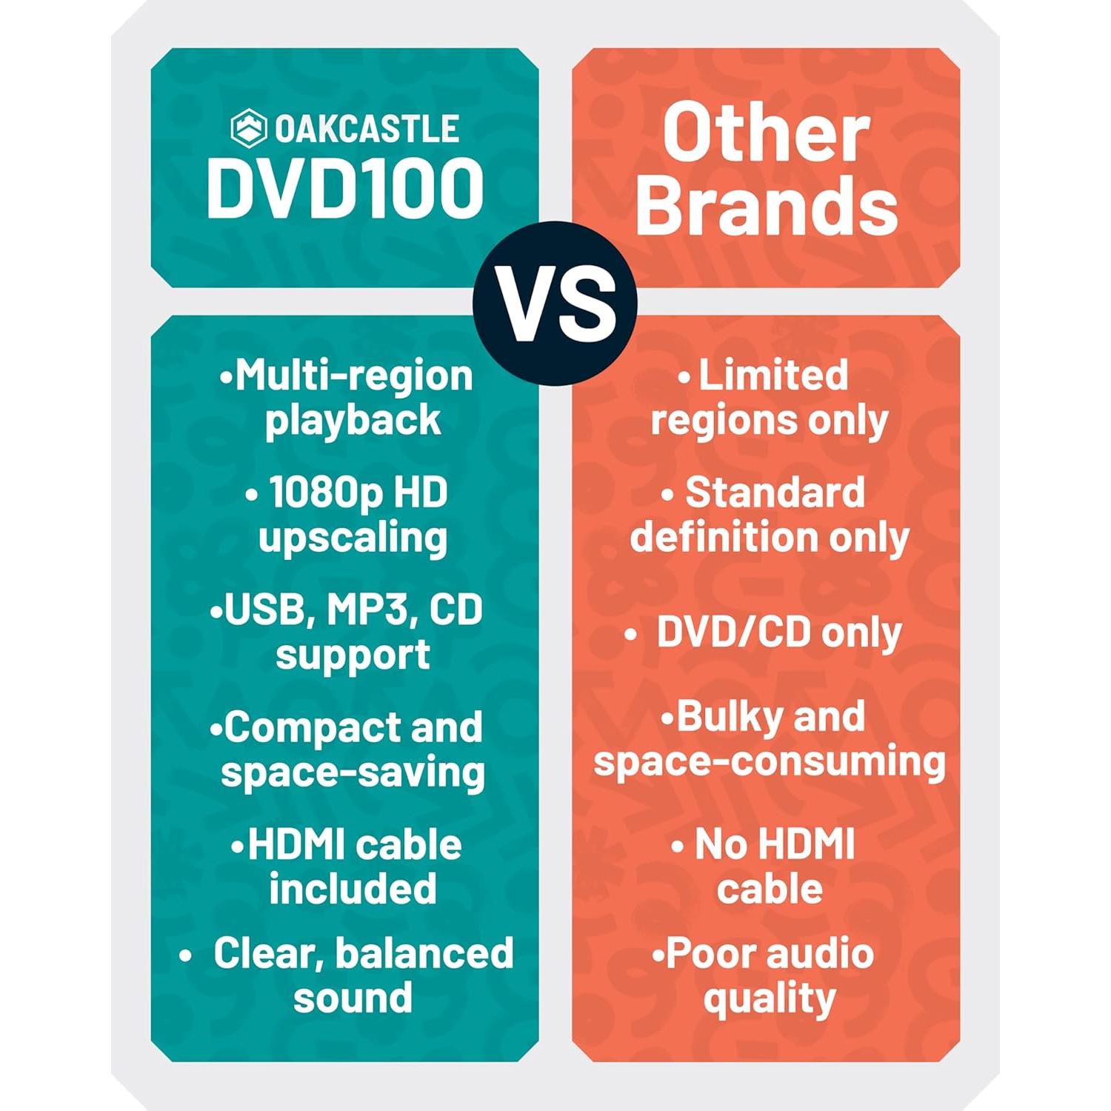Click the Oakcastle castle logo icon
tap(248, 128)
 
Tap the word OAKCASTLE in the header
tap(367, 129)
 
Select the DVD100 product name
tap(344, 188)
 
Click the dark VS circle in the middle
tap(555, 304)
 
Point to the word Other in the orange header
tap(766, 133)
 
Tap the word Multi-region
tap(353, 376)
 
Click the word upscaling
tap(353, 537)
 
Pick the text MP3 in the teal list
tap(367, 610)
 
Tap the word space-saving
tap(353, 773)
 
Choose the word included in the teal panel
tap(353, 888)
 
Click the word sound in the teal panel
tap(353, 997)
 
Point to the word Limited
tap(773, 375)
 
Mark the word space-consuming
tap(769, 761)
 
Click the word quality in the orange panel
tap(769, 998)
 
